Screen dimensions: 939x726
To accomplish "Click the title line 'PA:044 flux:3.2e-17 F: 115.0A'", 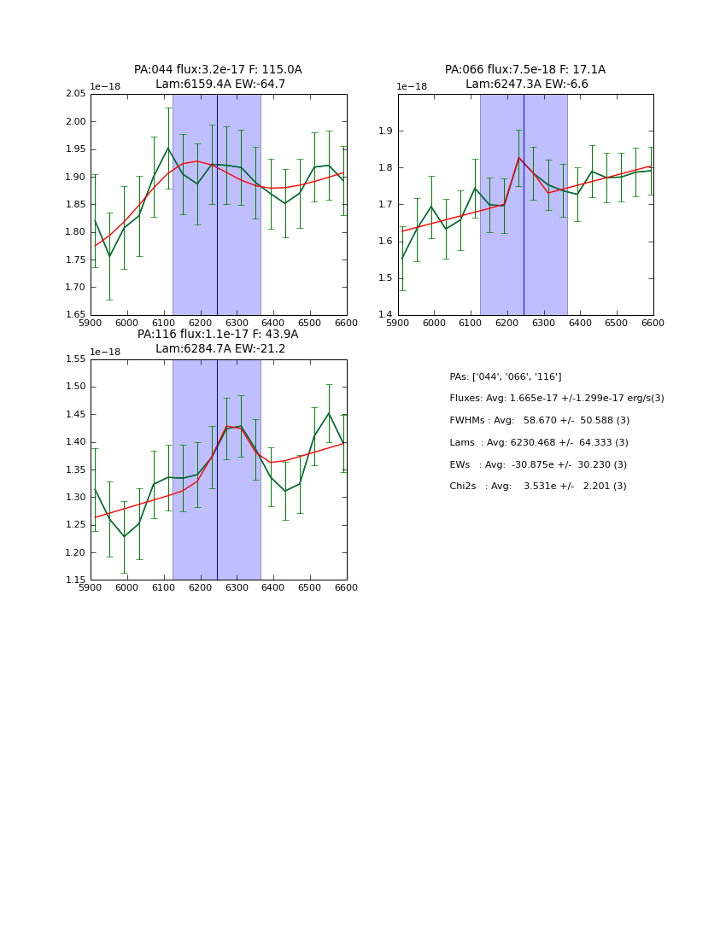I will click(x=218, y=70).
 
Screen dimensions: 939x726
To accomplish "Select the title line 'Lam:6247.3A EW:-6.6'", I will click(x=526, y=85).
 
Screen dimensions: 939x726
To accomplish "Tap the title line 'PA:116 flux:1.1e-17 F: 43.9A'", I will click(x=218, y=335).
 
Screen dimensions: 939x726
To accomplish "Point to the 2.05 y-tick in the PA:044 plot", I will click(x=76, y=94).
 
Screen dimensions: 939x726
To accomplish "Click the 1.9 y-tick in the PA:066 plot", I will click(x=386, y=131).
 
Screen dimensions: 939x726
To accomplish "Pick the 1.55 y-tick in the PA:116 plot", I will click(x=76, y=359).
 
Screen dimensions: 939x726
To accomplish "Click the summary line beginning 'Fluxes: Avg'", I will click(x=556, y=399).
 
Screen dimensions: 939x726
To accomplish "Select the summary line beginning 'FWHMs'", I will click(x=539, y=421).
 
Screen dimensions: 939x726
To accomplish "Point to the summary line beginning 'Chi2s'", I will click(x=537, y=487).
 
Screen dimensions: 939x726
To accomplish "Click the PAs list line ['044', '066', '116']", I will click(x=505, y=377).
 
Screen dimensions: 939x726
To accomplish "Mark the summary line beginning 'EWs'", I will click(x=537, y=465).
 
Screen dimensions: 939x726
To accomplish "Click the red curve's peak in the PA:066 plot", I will click(x=518, y=158).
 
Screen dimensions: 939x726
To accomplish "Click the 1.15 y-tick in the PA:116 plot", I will click(x=76, y=580).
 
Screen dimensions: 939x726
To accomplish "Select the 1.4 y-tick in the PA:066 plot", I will click(x=386, y=315).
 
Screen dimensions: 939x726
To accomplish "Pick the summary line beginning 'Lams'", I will click(x=538, y=443).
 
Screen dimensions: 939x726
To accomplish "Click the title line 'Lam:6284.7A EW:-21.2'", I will click(x=220, y=349).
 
